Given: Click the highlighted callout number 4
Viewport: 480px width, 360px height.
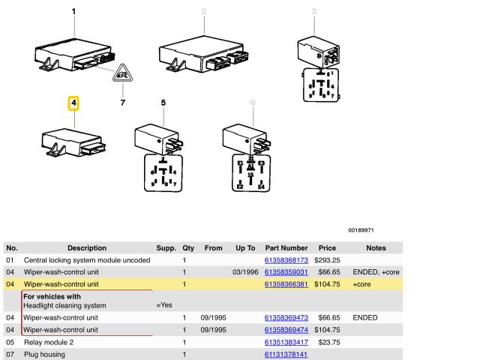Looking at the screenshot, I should tap(73, 103).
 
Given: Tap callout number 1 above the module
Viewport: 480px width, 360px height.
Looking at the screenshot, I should tap(73, 11).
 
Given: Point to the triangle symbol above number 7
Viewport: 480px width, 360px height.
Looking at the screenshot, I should tap(122, 73).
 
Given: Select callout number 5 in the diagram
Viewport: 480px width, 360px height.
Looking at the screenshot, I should tap(163, 103).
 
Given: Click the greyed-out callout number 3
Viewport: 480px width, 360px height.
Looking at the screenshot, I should tap(314, 11).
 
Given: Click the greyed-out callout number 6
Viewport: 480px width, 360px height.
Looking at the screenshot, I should tap(253, 103).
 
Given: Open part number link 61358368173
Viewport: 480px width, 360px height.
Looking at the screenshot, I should tap(286, 259).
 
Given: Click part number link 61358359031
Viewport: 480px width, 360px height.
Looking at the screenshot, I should tap(286, 272).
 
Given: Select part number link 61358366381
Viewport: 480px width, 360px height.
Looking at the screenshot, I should tap(286, 284).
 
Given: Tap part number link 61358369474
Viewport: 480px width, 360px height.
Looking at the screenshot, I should tap(286, 329).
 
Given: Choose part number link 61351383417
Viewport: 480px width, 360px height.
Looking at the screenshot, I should tap(286, 342).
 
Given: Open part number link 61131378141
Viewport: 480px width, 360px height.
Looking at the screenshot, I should tap(286, 354).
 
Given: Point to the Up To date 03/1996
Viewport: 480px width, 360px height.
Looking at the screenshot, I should tap(245, 272).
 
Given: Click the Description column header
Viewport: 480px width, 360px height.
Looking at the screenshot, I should tap(87, 247).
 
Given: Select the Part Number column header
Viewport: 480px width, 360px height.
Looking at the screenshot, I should tap(286, 247).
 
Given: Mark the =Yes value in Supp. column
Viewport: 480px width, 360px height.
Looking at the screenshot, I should tap(164, 305).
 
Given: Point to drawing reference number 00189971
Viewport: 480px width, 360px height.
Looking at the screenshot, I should tap(360, 230).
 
